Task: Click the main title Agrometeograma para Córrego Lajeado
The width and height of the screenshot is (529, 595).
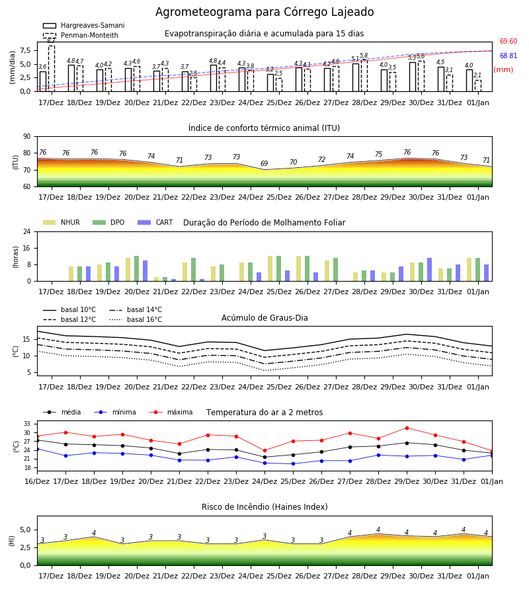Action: (x=264, y=12)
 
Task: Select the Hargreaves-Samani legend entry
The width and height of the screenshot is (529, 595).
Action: (x=84, y=25)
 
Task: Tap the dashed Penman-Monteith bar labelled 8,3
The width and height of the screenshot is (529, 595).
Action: (x=51, y=68)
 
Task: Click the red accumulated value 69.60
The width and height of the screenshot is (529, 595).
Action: (x=509, y=42)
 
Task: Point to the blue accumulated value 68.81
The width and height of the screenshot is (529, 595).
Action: (x=509, y=56)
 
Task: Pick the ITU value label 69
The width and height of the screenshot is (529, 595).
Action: (x=264, y=163)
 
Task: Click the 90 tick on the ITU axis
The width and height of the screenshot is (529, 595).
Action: (x=27, y=137)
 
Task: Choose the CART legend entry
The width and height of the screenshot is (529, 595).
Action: (x=155, y=222)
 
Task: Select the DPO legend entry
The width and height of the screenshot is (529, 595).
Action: (x=108, y=222)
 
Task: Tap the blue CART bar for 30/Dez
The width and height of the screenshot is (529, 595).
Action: (x=430, y=270)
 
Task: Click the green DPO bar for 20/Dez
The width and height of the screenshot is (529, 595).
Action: (x=137, y=268)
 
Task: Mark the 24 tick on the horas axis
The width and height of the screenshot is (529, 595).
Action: (x=27, y=231)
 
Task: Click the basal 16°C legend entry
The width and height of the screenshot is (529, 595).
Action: (x=136, y=319)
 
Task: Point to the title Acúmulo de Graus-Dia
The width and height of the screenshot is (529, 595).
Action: (x=264, y=318)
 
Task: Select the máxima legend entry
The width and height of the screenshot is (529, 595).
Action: (x=171, y=412)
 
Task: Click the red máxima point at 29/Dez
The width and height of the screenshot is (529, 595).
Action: (x=407, y=428)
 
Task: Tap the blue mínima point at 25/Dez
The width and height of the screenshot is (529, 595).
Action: (x=294, y=463)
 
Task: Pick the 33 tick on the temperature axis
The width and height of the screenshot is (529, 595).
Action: (x=27, y=424)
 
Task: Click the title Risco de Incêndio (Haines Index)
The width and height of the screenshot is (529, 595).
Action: (x=264, y=507)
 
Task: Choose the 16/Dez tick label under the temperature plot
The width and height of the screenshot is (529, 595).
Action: (x=37, y=481)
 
